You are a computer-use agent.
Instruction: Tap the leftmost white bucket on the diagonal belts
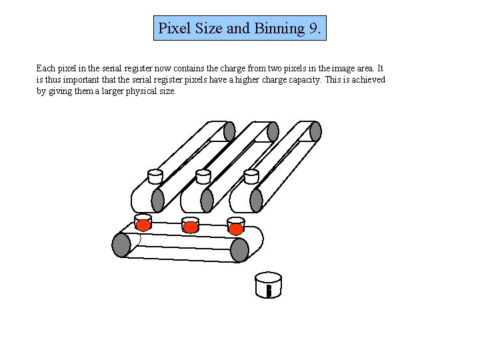(x=155, y=176)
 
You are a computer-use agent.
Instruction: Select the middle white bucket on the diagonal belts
(x=203, y=176)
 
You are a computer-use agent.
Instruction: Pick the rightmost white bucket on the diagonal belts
(x=251, y=176)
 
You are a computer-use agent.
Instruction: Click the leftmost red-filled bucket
(x=143, y=223)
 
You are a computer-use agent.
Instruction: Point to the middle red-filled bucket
(x=191, y=225)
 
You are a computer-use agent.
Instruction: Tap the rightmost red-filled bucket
(x=236, y=227)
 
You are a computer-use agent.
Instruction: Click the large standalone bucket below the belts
(x=269, y=285)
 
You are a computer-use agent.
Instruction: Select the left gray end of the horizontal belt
(x=121, y=245)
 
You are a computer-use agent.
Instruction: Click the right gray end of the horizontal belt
(x=239, y=250)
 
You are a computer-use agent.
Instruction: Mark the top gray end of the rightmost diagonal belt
(x=316, y=131)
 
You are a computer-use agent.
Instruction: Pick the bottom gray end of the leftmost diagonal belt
(x=158, y=200)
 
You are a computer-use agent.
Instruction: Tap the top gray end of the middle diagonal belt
(x=273, y=131)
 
